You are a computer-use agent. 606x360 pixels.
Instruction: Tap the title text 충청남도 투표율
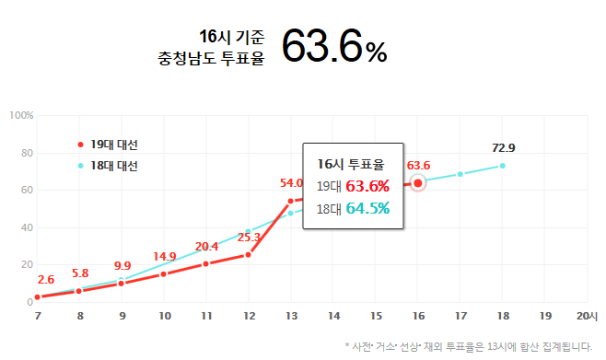coord(211,57)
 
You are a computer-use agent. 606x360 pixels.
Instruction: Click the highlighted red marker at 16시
coord(418,183)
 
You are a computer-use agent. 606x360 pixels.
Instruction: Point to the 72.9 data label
coord(504,148)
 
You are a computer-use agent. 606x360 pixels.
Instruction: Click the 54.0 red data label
coord(291,183)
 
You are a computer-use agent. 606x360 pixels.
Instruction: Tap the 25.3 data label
coord(250,237)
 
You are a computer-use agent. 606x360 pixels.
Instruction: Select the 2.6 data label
coord(46,279)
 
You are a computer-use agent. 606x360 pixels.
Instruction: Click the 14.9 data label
coord(165,256)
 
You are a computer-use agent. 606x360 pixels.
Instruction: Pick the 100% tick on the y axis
coord(21,115)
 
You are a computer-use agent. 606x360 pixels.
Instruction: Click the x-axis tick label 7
coord(37,316)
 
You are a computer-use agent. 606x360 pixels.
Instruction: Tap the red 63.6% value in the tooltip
coord(367,187)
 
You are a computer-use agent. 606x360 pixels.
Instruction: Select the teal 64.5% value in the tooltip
coord(367,208)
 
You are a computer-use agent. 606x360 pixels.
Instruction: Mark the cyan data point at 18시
coord(503,166)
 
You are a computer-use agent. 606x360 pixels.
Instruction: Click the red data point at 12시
coord(249,254)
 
